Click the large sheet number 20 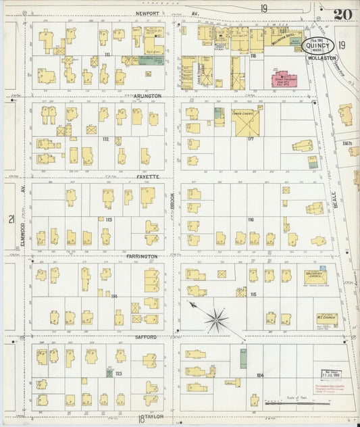pyautogui.click(x=342, y=13)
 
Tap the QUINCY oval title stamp pyautogui.click(x=318, y=47)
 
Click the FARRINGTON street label pyautogui.click(x=141, y=257)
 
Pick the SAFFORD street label pyautogui.click(x=145, y=336)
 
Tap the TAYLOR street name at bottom pyautogui.click(x=153, y=417)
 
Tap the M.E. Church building pyautogui.click(x=326, y=318)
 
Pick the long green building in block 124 pyautogui.click(x=242, y=358)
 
